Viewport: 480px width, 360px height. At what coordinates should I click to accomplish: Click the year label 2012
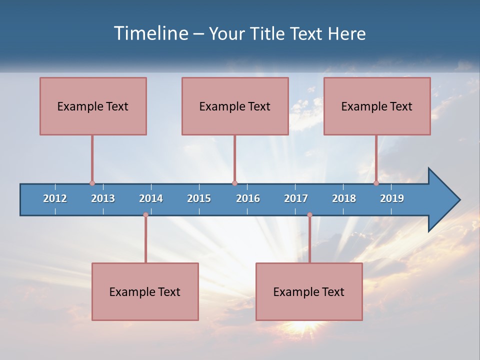(x=55, y=198)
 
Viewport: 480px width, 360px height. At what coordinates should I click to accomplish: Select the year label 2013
(x=103, y=198)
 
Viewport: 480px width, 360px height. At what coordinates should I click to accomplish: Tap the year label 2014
(x=151, y=198)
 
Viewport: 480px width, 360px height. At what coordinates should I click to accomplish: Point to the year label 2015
(x=199, y=198)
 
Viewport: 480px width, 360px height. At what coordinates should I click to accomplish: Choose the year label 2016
(x=248, y=198)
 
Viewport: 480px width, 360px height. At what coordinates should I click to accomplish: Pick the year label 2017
(x=296, y=198)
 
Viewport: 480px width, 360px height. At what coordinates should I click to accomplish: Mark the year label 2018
(x=344, y=198)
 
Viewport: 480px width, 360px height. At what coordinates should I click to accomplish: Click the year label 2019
(x=392, y=198)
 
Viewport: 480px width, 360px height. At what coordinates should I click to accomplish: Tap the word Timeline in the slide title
(x=150, y=33)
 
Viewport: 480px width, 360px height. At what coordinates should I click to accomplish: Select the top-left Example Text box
(x=93, y=106)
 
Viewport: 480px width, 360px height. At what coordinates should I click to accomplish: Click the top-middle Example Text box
(x=235, y=106)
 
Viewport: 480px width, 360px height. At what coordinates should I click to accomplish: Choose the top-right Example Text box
(x=377, y=106)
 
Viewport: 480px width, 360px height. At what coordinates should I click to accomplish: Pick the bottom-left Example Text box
(x=145, y=291)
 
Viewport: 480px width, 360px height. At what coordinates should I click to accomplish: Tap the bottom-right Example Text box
(x=309, y=291)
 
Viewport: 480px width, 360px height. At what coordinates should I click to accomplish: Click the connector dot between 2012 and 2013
(x=92, y=183)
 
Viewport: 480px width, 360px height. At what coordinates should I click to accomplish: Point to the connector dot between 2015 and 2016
(x=234, y=183)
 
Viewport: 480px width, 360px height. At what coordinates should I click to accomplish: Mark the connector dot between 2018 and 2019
(x=376, y=183)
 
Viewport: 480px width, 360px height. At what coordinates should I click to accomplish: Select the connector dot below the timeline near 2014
(x=145, y=215)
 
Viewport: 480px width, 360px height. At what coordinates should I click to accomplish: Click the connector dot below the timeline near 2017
(x=309, y=215)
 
